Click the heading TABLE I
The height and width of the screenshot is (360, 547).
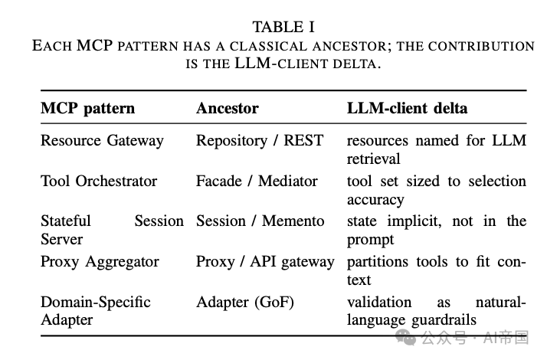click(283, 28)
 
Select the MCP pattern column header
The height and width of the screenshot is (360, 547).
click(87, 109)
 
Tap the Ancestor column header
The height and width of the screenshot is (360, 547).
click(227, 108)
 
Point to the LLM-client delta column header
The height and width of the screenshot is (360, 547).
click(407, 108)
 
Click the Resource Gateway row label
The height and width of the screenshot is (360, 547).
click(102, 141)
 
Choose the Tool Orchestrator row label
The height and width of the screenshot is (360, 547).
click(99, 181)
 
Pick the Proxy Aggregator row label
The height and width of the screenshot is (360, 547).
click(100, 262)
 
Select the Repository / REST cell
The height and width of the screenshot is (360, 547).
click(260, 141)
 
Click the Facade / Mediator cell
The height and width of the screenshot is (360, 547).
click(257, 181)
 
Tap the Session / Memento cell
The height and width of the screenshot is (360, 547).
click(260, 221)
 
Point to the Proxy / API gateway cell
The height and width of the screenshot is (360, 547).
click(265, 262)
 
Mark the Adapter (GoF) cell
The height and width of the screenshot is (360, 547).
click(245, 302)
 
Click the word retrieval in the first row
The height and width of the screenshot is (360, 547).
click(373, 159)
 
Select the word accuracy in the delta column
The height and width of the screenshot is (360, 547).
click(375, 200)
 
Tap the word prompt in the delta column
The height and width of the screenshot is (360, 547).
click(371, 241)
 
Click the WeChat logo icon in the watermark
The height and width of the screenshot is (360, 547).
click(405, 337)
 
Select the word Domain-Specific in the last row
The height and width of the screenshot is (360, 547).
click(96, 302)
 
